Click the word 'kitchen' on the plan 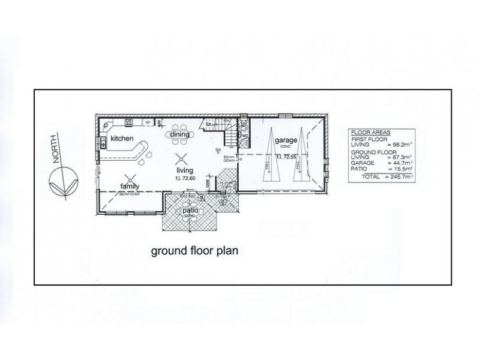click(121, 139)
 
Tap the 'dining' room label click(179, 134)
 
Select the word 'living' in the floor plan click(180, 171)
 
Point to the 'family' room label click(130, 186)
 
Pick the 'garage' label click(286, 140)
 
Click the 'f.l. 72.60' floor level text click(180, 178)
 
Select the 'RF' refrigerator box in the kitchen click(146, 122)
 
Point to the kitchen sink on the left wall click(103, 142)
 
